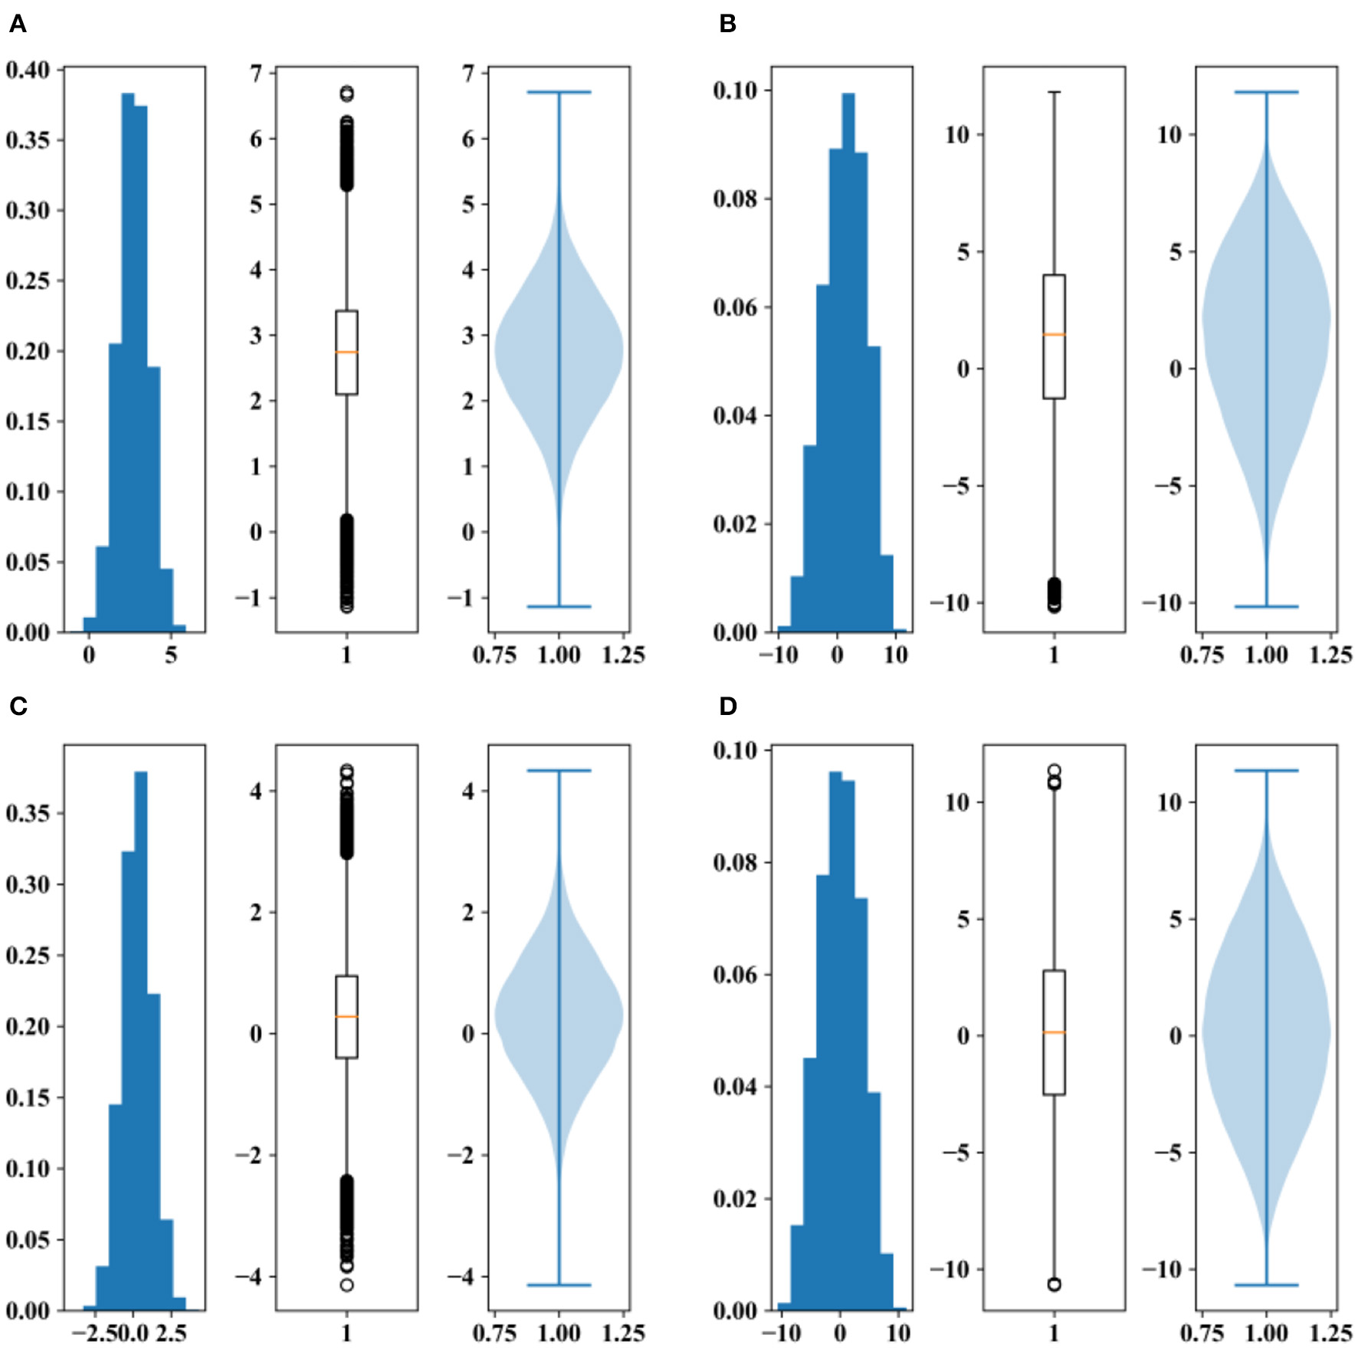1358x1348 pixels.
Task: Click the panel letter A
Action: pos(18,25)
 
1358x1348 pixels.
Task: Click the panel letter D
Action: pos(727,706)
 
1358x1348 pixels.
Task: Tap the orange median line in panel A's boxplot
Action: pos(346,352)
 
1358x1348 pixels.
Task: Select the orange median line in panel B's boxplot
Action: pos(1054,334)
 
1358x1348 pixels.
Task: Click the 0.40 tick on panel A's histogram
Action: pos(27,70)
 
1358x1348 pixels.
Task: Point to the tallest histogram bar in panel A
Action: pos(128,360)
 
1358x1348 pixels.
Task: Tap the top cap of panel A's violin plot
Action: pos(559,92)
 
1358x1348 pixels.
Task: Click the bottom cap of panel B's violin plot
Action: pos(1266,606)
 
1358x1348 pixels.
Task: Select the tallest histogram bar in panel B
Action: pos(848,360)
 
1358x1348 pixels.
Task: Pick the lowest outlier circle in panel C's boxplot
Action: pos(346,1285)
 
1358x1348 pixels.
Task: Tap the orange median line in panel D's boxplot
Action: pos(1054,1032)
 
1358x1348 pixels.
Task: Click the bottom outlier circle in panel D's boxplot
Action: pos(1054,1284)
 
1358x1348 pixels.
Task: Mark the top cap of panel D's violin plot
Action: pos(1266,770)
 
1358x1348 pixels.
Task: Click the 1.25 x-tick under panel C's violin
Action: pos(623,1333)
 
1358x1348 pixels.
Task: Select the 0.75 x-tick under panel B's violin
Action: pos(1202,655)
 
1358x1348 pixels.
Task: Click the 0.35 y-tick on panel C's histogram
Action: pos(27,813)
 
